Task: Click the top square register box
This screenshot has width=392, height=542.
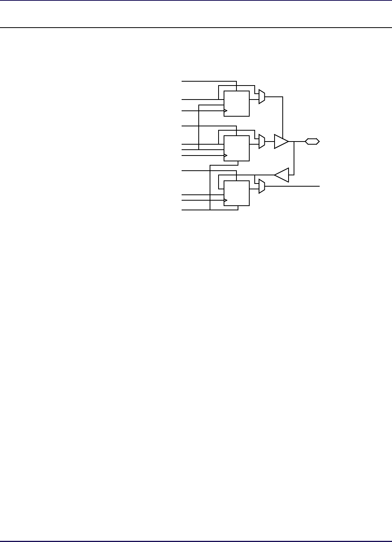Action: tap(236, 104)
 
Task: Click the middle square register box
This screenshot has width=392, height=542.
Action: tap(236, 149)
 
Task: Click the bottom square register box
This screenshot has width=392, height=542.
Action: tap(236, 193)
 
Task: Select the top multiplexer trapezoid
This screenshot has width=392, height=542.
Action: tap(262, 97)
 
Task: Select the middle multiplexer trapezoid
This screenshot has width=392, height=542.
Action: tap(262, 142)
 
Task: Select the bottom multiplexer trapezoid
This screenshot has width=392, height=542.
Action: tap(262, 186)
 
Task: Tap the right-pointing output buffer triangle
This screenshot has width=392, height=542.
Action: tap(281, 142)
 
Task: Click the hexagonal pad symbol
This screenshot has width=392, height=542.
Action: tap(312, 142)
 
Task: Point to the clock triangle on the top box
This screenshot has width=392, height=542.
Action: tap(225, 111)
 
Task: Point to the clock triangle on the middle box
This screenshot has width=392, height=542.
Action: tap(225, 156)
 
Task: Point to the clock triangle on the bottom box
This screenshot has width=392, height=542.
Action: tap(225, 201)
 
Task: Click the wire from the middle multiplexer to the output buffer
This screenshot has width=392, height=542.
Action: tap(269, 142)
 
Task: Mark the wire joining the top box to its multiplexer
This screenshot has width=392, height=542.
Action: tap(254, 100)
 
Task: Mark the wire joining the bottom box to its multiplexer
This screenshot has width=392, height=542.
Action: tap(254, 189)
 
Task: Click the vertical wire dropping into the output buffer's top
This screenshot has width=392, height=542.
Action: tap(283, 117)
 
